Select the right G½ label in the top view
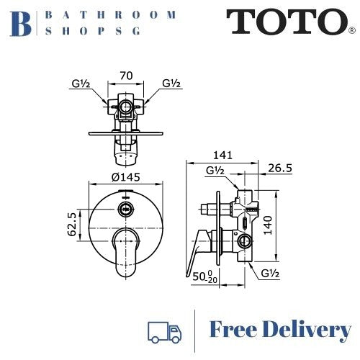pos(171,84)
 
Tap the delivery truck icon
pos(164,330)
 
